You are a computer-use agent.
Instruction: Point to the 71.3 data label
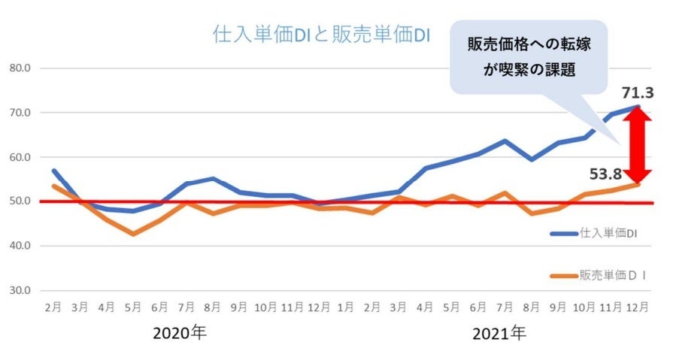click(x=637, y=93)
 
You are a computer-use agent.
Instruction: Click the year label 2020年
click(x=179, y=332)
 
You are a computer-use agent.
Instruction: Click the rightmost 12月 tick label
click(x=637, y=308)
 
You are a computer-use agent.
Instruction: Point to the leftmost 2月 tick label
click(x=53, y=308)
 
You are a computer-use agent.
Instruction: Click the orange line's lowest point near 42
click(x=132, y=234)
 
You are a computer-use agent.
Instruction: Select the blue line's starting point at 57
click(x=53, y=171)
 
